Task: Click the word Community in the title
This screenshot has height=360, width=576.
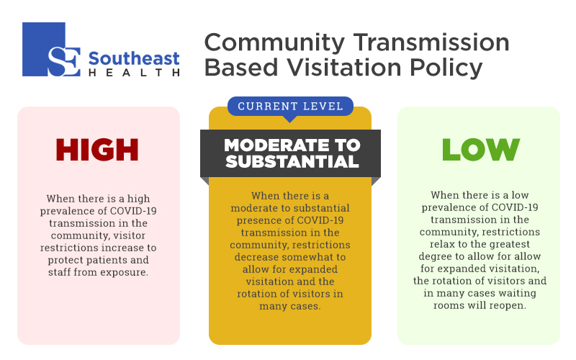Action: click(274, 43)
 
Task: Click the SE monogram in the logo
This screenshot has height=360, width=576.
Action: click(64, 61)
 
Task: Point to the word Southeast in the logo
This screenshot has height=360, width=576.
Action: click(134, 59)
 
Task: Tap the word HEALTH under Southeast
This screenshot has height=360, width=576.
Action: click(134, 73)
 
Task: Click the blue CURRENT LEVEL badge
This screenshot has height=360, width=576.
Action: click(290, 107)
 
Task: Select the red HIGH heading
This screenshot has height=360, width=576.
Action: click(97, 150)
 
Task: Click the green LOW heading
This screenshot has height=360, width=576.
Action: click(481, 150)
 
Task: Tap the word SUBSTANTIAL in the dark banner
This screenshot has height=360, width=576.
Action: click(292, 161)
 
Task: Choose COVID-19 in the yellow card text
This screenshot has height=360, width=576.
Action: click(320, 220)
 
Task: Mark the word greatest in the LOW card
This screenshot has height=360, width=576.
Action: click(509, 245)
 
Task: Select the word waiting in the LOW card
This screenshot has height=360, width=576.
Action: click(516, 294)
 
